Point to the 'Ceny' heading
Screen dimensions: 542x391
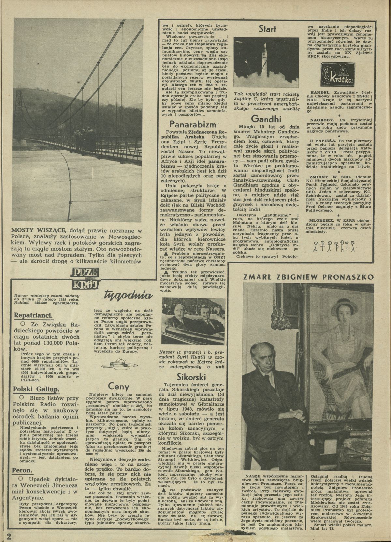(119, 387)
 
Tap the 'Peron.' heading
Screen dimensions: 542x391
(22, 470)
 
